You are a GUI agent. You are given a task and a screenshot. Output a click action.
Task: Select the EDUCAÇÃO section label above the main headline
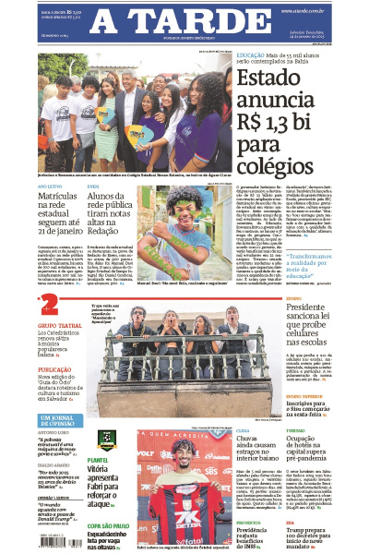coord(256,55)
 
